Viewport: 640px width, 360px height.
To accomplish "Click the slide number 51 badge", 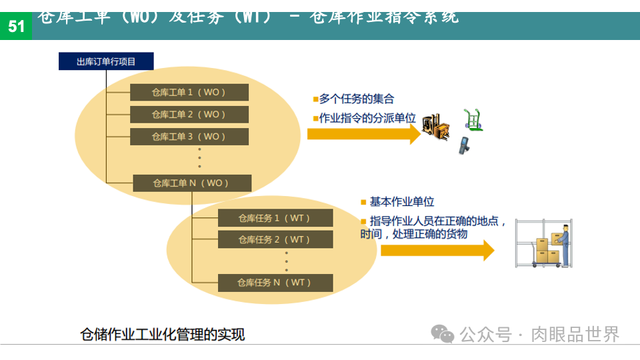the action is pos(15,26).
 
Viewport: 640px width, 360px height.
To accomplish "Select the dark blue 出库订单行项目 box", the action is pos(106,61).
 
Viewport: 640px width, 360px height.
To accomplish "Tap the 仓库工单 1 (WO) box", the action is pos(189,92).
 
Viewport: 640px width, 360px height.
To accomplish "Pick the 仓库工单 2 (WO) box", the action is pos(189,114).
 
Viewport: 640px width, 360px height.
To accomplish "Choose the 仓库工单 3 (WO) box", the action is pos(189,137).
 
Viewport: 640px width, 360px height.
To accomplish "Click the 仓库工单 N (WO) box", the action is pos(192,183).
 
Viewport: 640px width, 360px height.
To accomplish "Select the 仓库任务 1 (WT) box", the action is pos(275,217).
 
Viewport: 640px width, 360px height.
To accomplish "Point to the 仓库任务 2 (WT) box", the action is pos(275,239).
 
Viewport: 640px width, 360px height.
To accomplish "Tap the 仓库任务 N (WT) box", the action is pos(275,283).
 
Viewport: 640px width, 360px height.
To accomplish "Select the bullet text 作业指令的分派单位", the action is pos(367,118).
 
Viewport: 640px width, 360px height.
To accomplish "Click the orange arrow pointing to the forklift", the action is pos(364,133).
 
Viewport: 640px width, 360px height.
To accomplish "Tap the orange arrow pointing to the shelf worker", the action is pos(437,251).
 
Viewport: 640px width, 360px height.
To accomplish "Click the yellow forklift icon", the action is pos(435,127).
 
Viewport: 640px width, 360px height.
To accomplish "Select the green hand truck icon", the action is pos(473,119).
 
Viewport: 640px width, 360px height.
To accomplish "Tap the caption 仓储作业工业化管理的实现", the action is pos(163,334).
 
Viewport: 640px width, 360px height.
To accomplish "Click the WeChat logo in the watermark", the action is pos(442,333).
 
